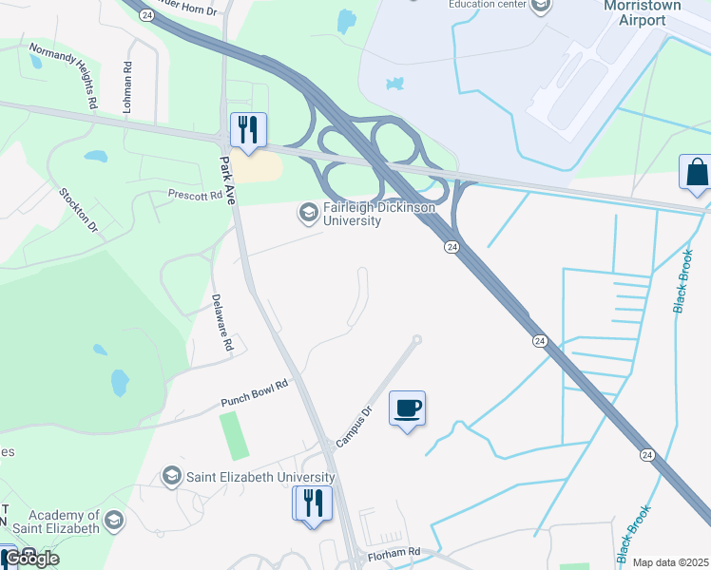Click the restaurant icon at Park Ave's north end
click(248, 131)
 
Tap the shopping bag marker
click(696, 173)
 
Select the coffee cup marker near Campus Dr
click(408, 409)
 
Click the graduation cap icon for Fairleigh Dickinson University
click(308, 212)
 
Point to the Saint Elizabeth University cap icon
click(172, 476)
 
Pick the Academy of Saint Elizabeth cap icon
click(114, 521)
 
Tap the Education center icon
click(541, 7)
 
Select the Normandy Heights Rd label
click(64, 74)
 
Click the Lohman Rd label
click(126, 85)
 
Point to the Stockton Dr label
click(79, 210)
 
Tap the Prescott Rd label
click(194, 196)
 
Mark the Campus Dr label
click(352, 427)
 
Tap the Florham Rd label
click(394, 552)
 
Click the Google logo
click(31, 558)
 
